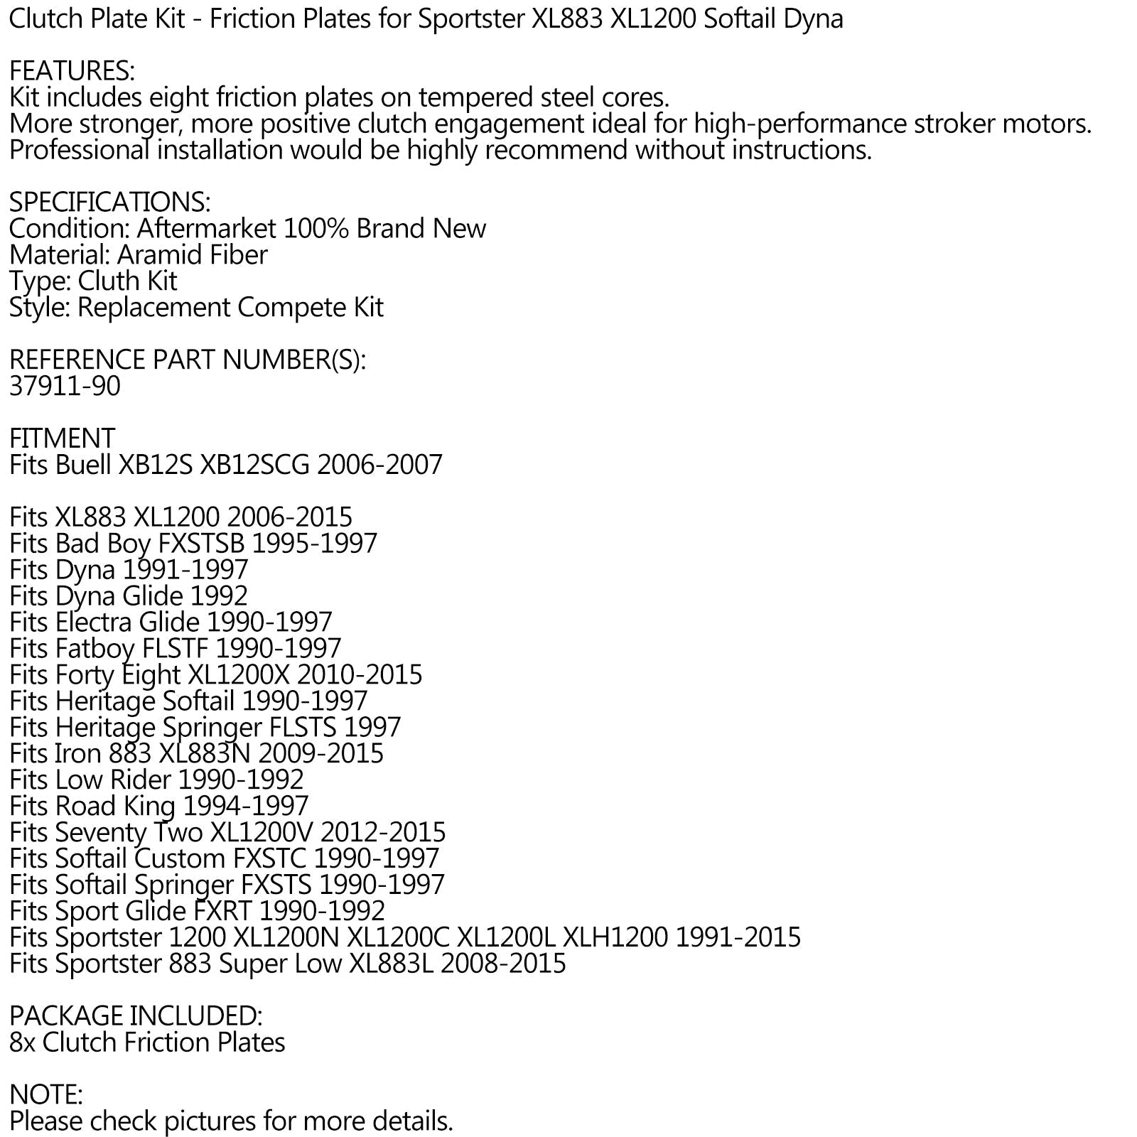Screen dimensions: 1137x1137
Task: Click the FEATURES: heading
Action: click(72, 71)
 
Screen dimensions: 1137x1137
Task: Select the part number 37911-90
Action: click(65, 386)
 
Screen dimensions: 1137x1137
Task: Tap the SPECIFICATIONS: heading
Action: click(109, 203)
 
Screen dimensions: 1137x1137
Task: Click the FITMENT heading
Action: click(62, 438)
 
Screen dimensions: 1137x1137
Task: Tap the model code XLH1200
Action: click(615, 938)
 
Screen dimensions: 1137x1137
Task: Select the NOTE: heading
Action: click(46, 1095)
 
